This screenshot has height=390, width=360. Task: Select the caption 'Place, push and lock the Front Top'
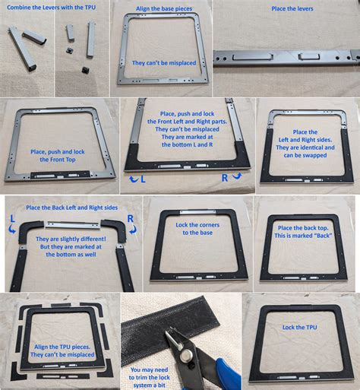click(58, 156)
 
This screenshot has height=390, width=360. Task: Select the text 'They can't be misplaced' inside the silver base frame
click(165, 62)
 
